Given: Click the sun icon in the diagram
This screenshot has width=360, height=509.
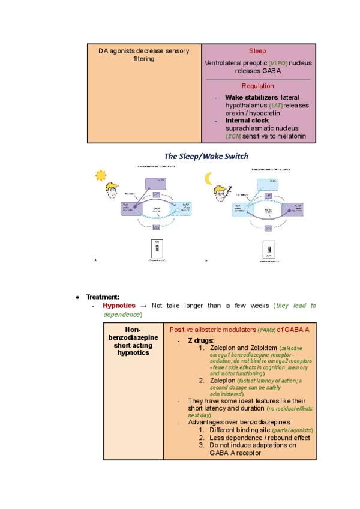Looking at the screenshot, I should (x=100, y=175).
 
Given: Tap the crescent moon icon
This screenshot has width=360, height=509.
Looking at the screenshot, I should (x=209, y=178).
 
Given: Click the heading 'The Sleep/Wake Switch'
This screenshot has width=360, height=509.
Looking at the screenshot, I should (x=206, y=157).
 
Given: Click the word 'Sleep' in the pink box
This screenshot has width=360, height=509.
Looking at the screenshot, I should (x=257, y=51).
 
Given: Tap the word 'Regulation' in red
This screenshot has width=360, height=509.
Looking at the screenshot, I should (x=257, y=86).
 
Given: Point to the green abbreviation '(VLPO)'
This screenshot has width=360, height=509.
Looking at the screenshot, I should (x=278, y=62).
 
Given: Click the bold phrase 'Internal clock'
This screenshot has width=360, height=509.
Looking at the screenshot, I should (x=247, y=121).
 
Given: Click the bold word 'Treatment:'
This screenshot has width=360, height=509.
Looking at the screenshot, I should (x=103, y=297).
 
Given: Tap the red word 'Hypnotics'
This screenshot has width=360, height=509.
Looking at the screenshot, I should (x=119, y=306).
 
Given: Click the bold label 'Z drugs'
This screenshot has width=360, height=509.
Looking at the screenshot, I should (x=200, y=340).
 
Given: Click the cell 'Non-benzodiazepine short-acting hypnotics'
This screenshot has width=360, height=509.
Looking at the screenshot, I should (x=133, y=341).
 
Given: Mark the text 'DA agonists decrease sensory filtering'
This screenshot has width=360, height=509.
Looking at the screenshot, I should (x=143, y=55).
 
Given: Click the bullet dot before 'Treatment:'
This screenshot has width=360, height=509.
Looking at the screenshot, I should (x=78, y=297).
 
